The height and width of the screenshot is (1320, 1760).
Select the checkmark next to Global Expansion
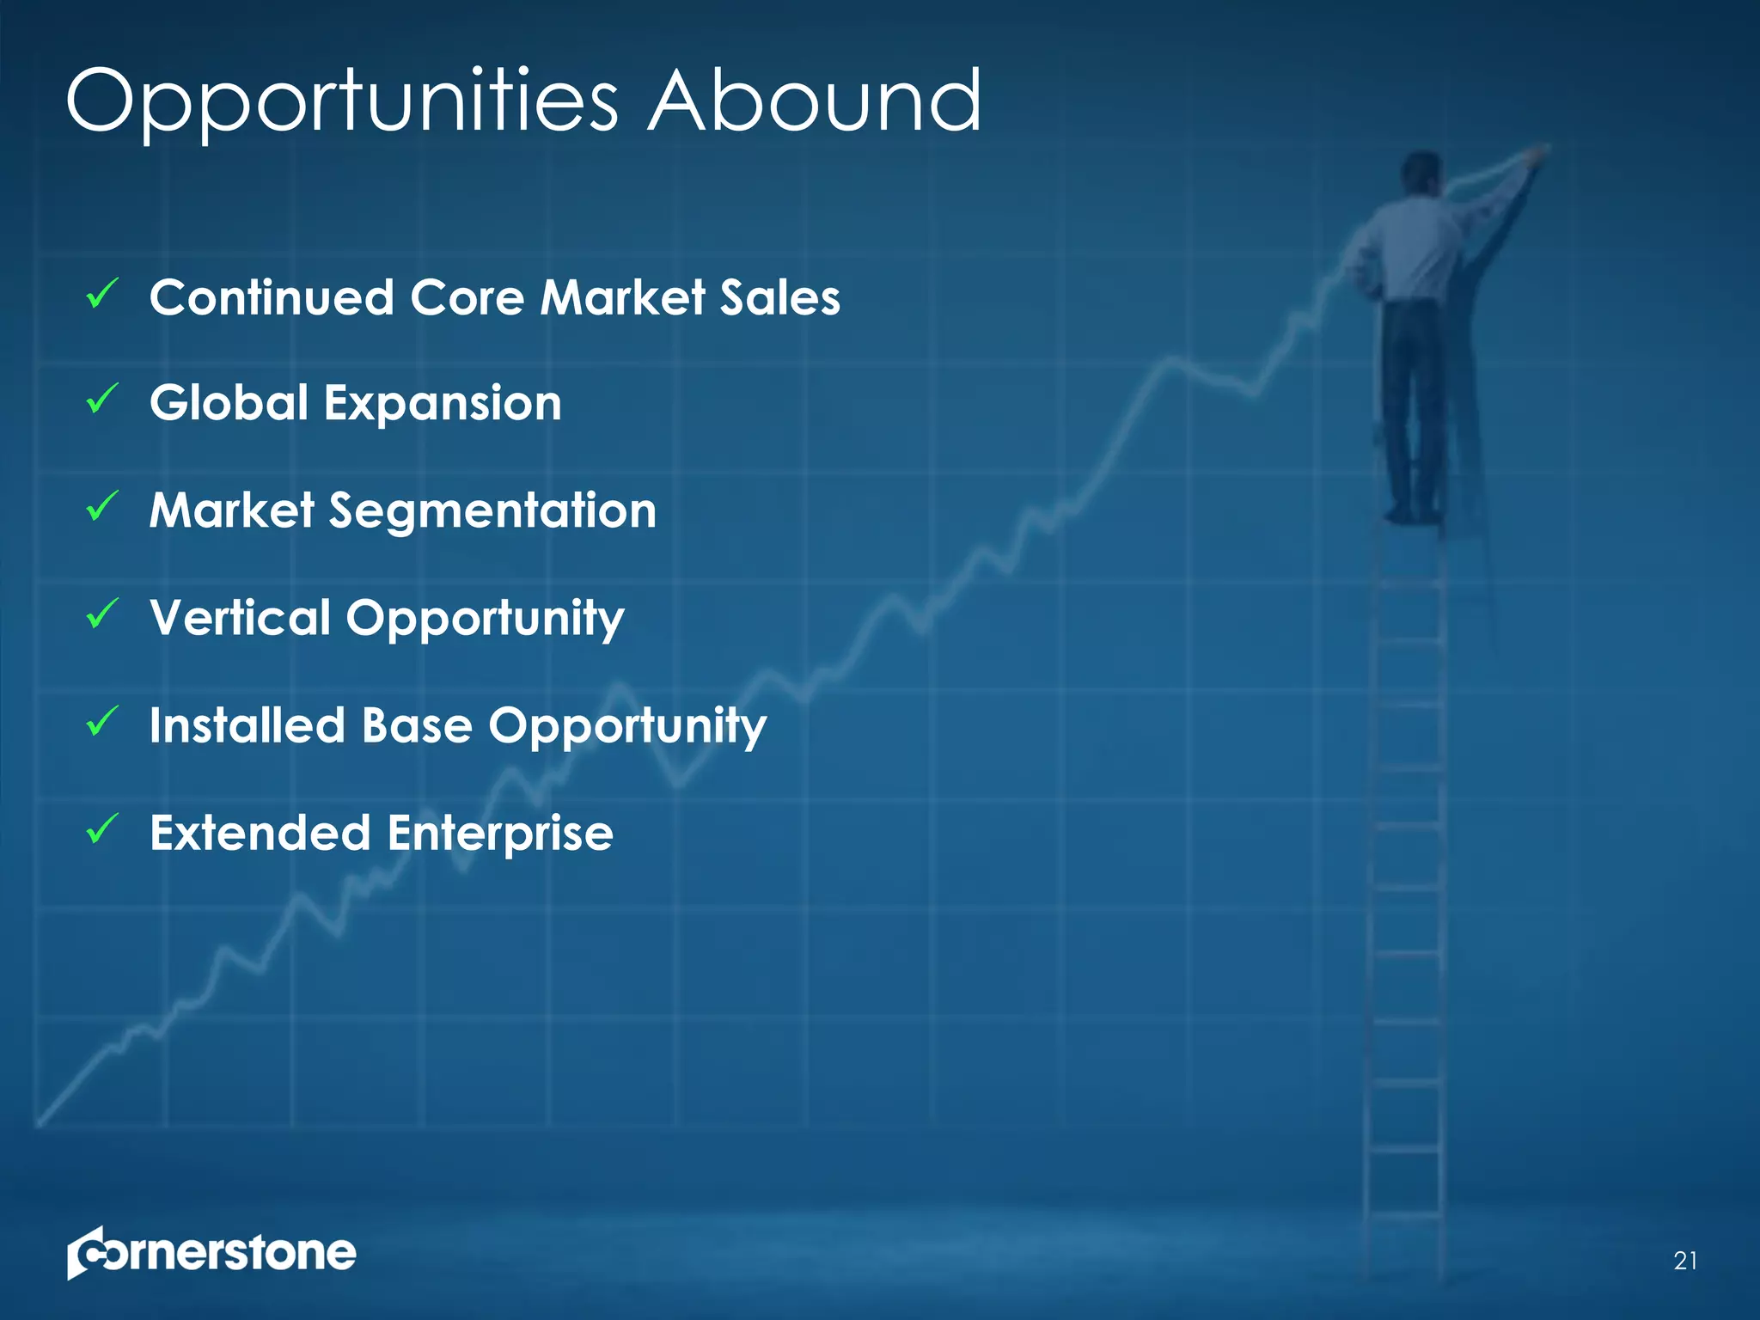coord(102,400)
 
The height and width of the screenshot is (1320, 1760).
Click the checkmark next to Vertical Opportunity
coord(102,614)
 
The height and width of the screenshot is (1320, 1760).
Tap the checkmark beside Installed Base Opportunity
coord(102,721)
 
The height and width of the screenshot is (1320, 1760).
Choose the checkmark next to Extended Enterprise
coord(102,828)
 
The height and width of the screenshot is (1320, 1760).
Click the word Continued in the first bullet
coord(272,297)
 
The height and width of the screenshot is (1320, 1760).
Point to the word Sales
coord(779,297)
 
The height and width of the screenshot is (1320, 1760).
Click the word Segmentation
coord(492,512)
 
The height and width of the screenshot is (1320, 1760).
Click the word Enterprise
coord(500,834)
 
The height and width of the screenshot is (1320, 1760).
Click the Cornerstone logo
coord(211,1253)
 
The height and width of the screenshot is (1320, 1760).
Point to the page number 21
coord(1685,1261)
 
